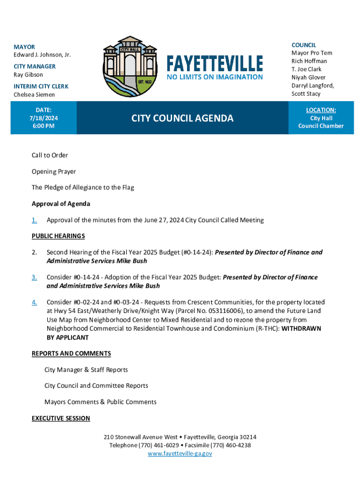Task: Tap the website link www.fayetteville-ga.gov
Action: [180, 453]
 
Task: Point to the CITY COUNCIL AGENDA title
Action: [182, 118]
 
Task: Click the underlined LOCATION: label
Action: [321, 110]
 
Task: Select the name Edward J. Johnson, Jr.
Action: [42, 55]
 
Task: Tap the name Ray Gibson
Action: [28, 74]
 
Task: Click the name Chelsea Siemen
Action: [34, 94]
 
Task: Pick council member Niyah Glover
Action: [309, 77]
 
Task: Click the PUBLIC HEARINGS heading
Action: [58, 236]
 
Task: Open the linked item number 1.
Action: [34, 220]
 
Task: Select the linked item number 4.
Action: [34, 302]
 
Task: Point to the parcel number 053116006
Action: [224, 311]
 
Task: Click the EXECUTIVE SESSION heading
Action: [61, 418]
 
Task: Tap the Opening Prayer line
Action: [54, 171]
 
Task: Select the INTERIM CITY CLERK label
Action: [41, 87]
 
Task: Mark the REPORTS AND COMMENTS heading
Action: [71, 353]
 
